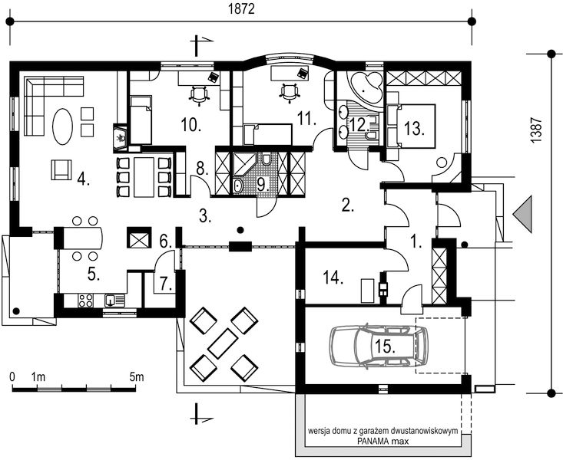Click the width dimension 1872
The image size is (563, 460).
(241, 9)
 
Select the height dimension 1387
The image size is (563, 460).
(535, 131)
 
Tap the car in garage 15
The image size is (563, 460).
(379, 346)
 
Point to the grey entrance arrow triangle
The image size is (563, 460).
(522, 215)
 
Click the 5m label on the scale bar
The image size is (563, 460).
(137, 377)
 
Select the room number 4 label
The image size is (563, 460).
(83, 179)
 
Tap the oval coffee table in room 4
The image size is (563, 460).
(63, 127)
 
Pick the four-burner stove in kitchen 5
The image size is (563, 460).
(85, 301)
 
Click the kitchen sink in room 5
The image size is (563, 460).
(114, 300)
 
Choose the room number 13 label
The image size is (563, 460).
(414, 128)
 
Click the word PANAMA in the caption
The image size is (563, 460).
(370, 442)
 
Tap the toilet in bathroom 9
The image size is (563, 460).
(267, 159)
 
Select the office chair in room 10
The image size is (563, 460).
(199, 94)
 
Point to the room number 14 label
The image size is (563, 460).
(333, 278)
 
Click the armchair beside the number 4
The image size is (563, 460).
(61, 169)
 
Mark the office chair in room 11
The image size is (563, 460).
(290, 93)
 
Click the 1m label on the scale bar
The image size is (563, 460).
(38, 377)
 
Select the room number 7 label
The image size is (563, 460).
(166, 284)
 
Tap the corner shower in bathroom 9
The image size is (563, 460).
(243, 163)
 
